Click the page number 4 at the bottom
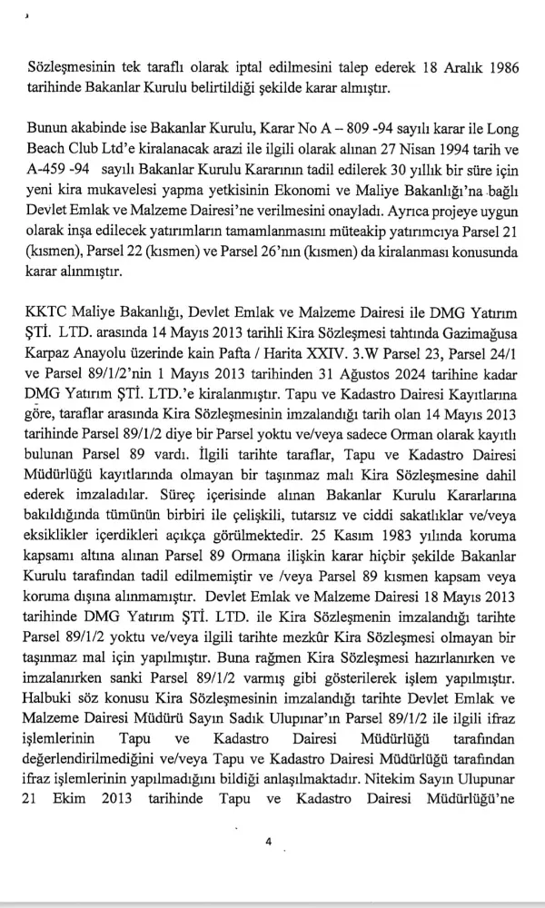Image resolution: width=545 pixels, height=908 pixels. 269,841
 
